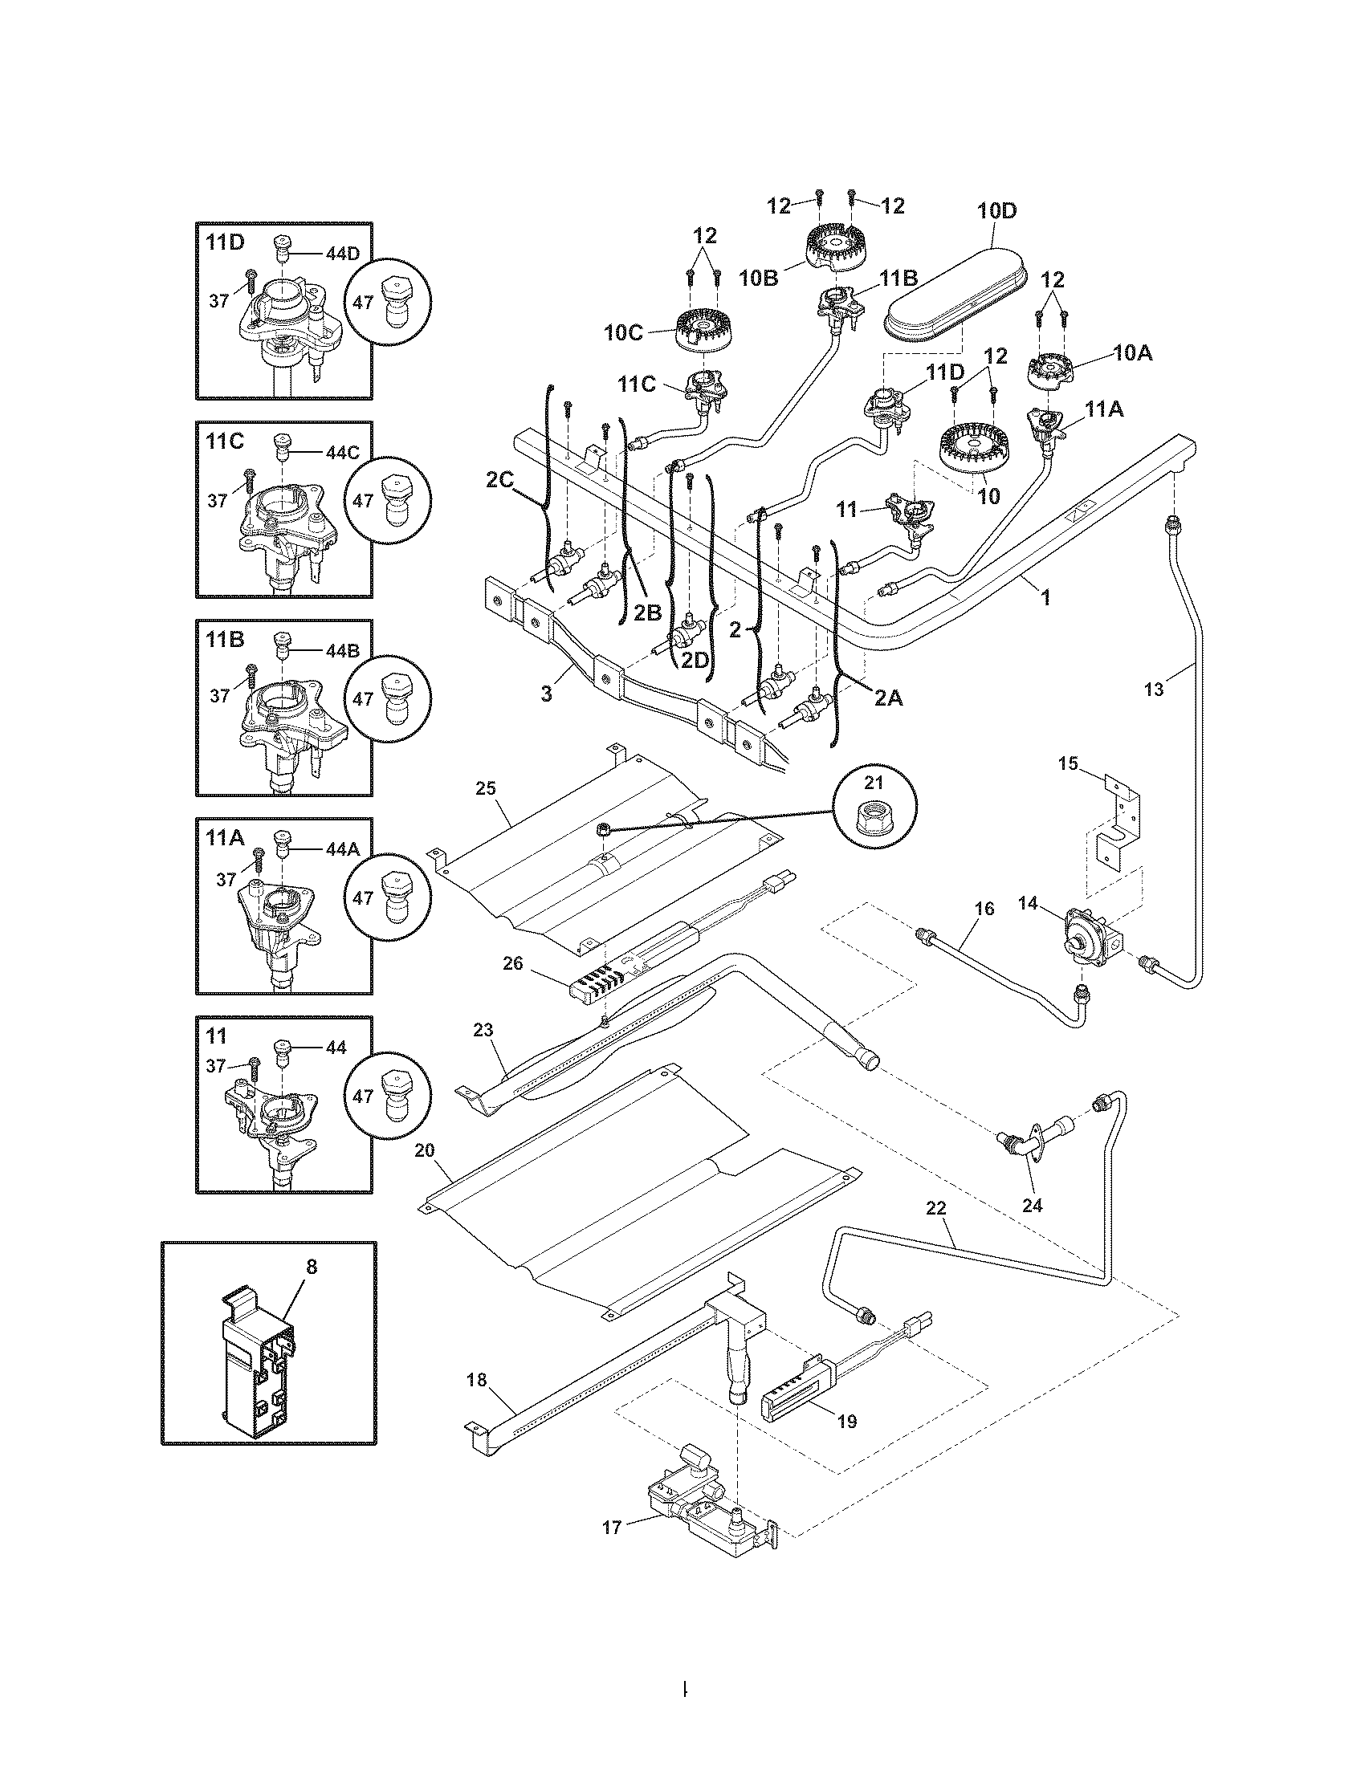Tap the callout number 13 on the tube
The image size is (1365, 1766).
[1154, 689]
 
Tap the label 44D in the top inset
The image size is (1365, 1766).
[341, 254]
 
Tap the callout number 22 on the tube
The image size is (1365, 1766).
[935, 1231]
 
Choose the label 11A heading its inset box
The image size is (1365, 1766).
[224, 839]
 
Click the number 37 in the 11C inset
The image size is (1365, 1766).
[218, 501]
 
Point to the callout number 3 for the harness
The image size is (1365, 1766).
[547, 694]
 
